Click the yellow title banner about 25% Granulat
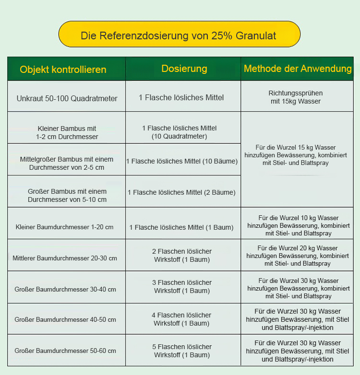coord(179,35)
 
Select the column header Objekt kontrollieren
coord(63,70)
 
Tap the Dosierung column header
coord(184,69)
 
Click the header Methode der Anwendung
coord(298,69)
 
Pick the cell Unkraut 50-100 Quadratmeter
coord(67,98)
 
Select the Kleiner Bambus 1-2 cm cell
coord(67,132)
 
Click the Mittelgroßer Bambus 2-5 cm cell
coord(67,163)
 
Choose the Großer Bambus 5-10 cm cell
coord(67,195)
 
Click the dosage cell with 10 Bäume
coord(182,161)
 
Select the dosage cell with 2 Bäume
coord(181,192)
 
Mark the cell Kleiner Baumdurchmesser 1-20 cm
coord(64,227)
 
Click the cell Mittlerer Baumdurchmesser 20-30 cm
coord(65,258)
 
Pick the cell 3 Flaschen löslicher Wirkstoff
coord(182,286)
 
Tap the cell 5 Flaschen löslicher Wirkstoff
coord(182,351)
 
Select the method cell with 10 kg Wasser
coord(298,225)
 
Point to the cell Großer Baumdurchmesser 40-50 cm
coord(65,319)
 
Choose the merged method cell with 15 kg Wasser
coord(296,155)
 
